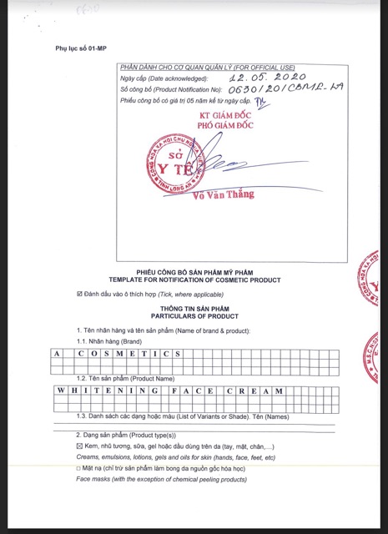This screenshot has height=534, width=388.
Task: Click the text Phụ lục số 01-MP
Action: pos(81,48)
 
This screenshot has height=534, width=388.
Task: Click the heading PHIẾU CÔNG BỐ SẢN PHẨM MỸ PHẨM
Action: pos(194,271)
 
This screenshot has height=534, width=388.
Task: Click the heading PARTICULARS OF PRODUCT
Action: pos(194,316)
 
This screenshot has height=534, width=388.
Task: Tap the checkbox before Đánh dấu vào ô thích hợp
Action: pos(79,294)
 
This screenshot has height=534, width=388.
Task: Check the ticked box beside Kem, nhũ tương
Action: pos(79,447)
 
